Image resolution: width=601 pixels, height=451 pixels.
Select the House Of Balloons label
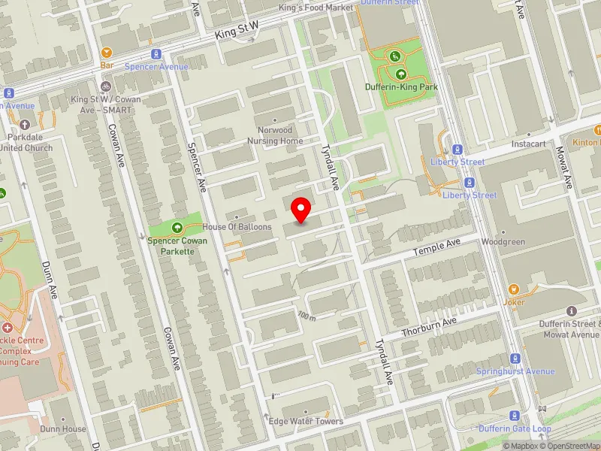pos(237,226)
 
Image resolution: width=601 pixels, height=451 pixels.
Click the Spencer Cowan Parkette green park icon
pos(177,227)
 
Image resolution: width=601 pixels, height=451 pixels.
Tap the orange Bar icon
pos(106,53)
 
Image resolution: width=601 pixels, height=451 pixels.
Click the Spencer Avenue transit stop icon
pos(156,53)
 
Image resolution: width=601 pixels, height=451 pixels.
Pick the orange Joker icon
pos(514,289)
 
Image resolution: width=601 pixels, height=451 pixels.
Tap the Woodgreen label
pos(503,242)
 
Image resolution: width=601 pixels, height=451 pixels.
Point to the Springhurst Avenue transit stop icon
pos(515,359)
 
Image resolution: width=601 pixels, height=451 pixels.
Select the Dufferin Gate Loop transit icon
pos(515,416)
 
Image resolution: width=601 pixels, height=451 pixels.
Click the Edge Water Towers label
pos(306,421)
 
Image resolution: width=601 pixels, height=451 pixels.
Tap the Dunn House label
pos(64,429)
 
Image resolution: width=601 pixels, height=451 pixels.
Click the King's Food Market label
pos(316,8)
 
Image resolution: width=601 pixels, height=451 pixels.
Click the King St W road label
pos(236,30)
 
